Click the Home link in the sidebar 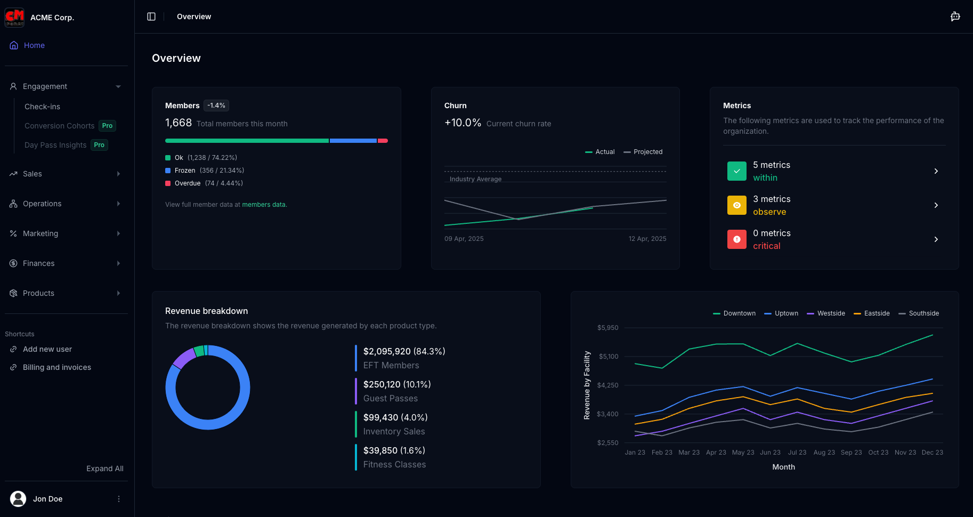(34, 45)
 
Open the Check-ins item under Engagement (42, 107)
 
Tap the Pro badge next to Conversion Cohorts (107, 126)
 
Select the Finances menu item (38, 263)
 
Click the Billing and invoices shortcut (56, 367)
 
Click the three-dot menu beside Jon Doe (119, 499)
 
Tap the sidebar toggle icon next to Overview (151, 17)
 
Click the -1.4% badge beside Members (216, 106)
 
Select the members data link (264, 205)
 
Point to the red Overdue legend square (168, 183)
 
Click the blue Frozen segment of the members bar (353, 141)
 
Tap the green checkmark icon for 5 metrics (736, 171)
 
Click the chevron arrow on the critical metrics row (936, 239)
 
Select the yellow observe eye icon (736, 205)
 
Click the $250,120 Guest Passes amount (396, 384)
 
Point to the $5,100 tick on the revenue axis (608, 357)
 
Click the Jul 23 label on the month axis (797, 453)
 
